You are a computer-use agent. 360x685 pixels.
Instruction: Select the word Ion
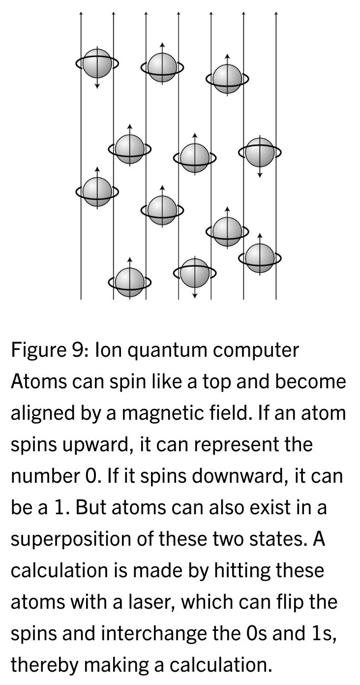(x=106, y=351)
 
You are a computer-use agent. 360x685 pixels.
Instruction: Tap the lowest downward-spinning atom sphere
(x=194, y=274)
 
